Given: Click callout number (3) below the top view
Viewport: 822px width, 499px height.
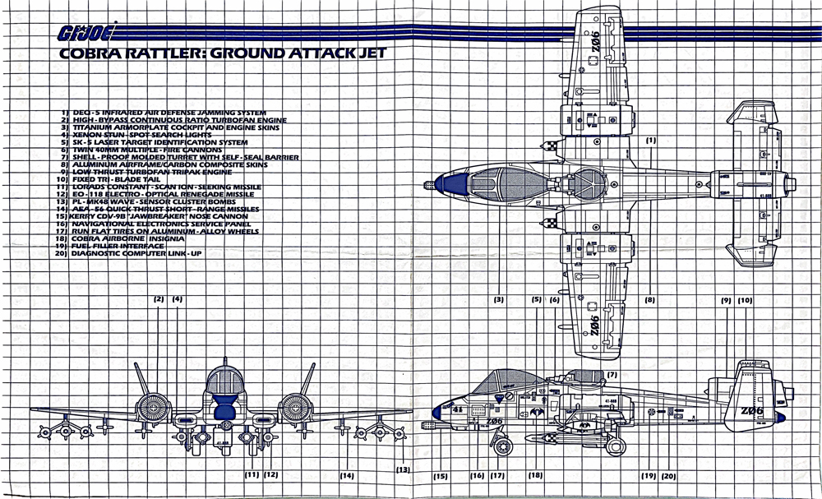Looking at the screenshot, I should tap(498, 299).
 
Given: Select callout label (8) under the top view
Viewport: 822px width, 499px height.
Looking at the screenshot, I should tap(649, 299).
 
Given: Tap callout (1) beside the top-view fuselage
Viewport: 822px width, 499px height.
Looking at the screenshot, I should tap(650, 140).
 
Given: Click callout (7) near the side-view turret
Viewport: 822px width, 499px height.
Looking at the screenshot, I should tap(611, 375).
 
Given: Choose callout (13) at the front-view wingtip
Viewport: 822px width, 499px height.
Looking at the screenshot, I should tap(402, 469).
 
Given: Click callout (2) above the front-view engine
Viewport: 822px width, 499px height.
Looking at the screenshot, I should tap(159, 299).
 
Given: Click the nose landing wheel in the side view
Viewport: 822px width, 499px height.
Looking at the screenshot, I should tap(502, 446).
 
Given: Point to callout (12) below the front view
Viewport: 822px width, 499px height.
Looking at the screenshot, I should tap(270, 474).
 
